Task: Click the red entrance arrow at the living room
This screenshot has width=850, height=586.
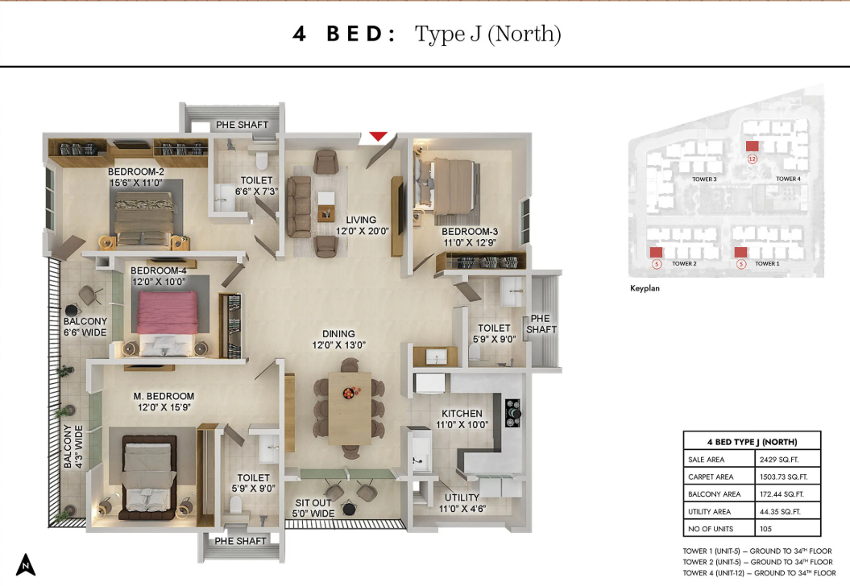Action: click(x=379, y=137)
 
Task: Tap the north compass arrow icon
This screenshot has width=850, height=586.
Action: click(x=26, y=564)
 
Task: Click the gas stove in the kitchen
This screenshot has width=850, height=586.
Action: click(x=512, y=413)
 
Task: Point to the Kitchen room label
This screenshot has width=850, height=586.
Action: click(x=462, y=413)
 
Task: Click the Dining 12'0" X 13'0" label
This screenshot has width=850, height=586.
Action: click(x=339, y=340)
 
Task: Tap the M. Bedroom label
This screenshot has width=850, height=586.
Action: click(x=164, y=397)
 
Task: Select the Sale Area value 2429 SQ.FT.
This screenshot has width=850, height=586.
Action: click(x=779, y=460)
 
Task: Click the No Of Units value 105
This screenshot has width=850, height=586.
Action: click(x=765, y=529)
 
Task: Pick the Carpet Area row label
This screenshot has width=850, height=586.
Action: click(x=711, y=477)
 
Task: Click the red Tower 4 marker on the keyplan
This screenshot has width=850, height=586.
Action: click(x=752, y=146)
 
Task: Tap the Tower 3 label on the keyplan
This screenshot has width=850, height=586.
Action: click(x=704, y=180)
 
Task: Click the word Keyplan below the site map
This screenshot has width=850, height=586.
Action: click(x=645, y=288)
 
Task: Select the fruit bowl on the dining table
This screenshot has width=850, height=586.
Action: click(x=350, y=392)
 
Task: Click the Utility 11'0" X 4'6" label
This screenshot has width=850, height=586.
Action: click(x=462, y=503)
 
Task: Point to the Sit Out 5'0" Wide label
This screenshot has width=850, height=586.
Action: click(x=313, y=508)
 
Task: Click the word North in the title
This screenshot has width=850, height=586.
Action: click(x=524, y=34)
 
